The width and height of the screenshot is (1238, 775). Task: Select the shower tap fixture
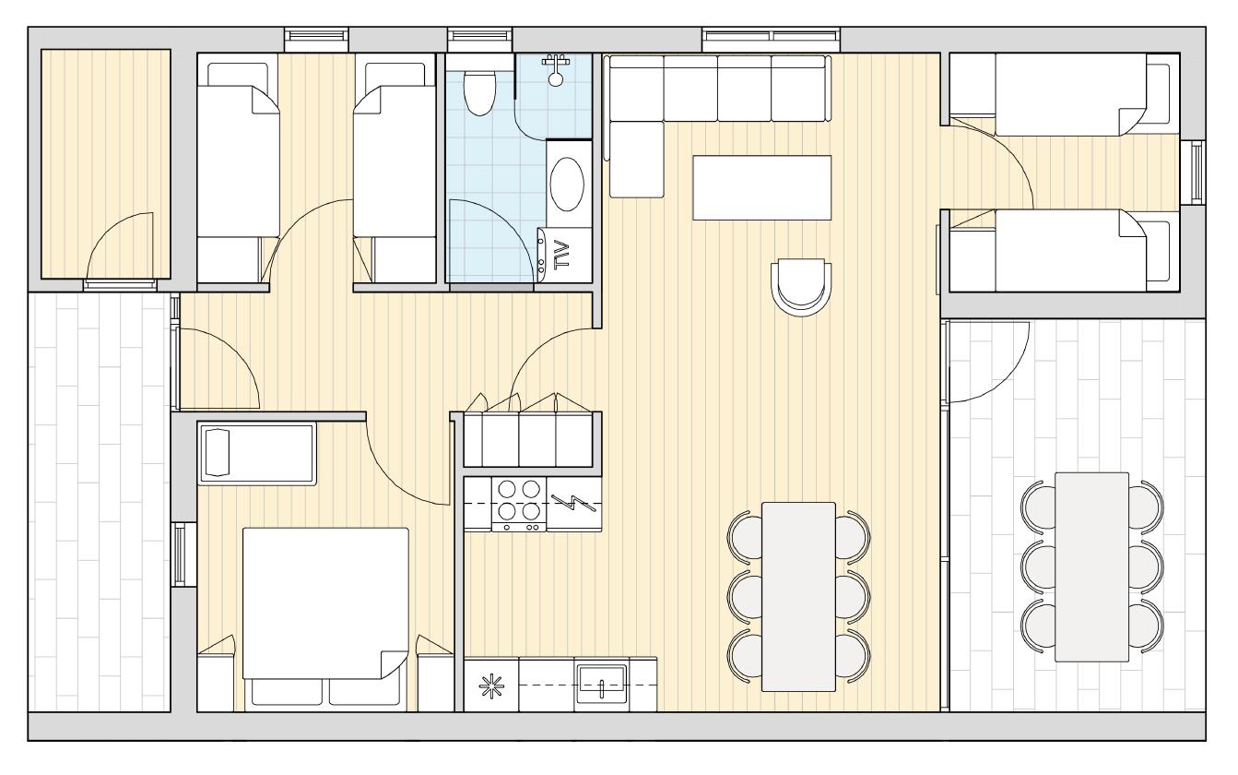tap(556, 70)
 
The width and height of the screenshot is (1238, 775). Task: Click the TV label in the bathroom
tap(561, 255)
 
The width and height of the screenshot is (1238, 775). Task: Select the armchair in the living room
tap(801, 288)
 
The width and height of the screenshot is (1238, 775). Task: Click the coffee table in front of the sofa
tap(762, 187)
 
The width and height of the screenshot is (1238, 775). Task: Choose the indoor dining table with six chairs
tap(798, 597)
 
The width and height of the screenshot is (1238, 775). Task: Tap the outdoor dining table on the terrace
tap(1091, 567)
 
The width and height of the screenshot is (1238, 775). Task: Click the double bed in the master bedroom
tap(325, 603)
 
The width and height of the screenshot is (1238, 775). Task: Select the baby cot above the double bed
tap(257, 454)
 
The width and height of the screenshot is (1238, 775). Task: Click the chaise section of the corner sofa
tap(636, 160)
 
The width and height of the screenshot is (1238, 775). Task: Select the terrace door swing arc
tap(989, 362)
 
